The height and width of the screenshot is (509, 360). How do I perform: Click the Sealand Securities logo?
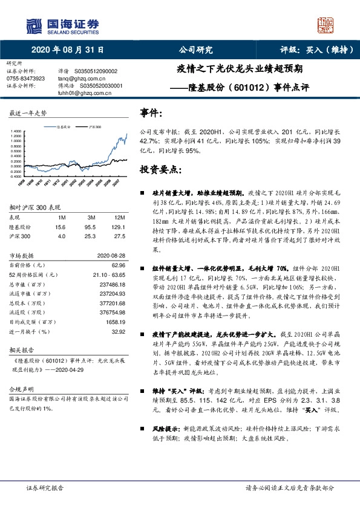(x=62, y=25)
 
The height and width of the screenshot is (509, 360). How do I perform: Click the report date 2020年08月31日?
(x=67, y=51)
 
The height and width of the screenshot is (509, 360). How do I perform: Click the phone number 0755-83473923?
(x=25, y=79)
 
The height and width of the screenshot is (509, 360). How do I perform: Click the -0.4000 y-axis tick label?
(x=16, y=176)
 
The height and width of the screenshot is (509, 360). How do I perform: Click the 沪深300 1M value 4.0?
(x=61, y=236)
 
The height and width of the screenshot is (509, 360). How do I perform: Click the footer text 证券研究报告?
(x=45, y=487)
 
